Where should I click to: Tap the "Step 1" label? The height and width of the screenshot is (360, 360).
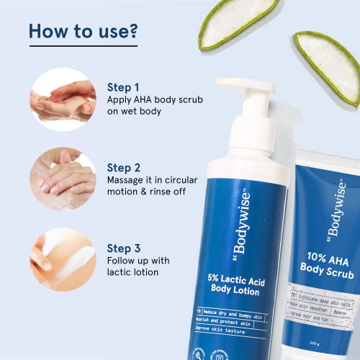click(x=124, y=87)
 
